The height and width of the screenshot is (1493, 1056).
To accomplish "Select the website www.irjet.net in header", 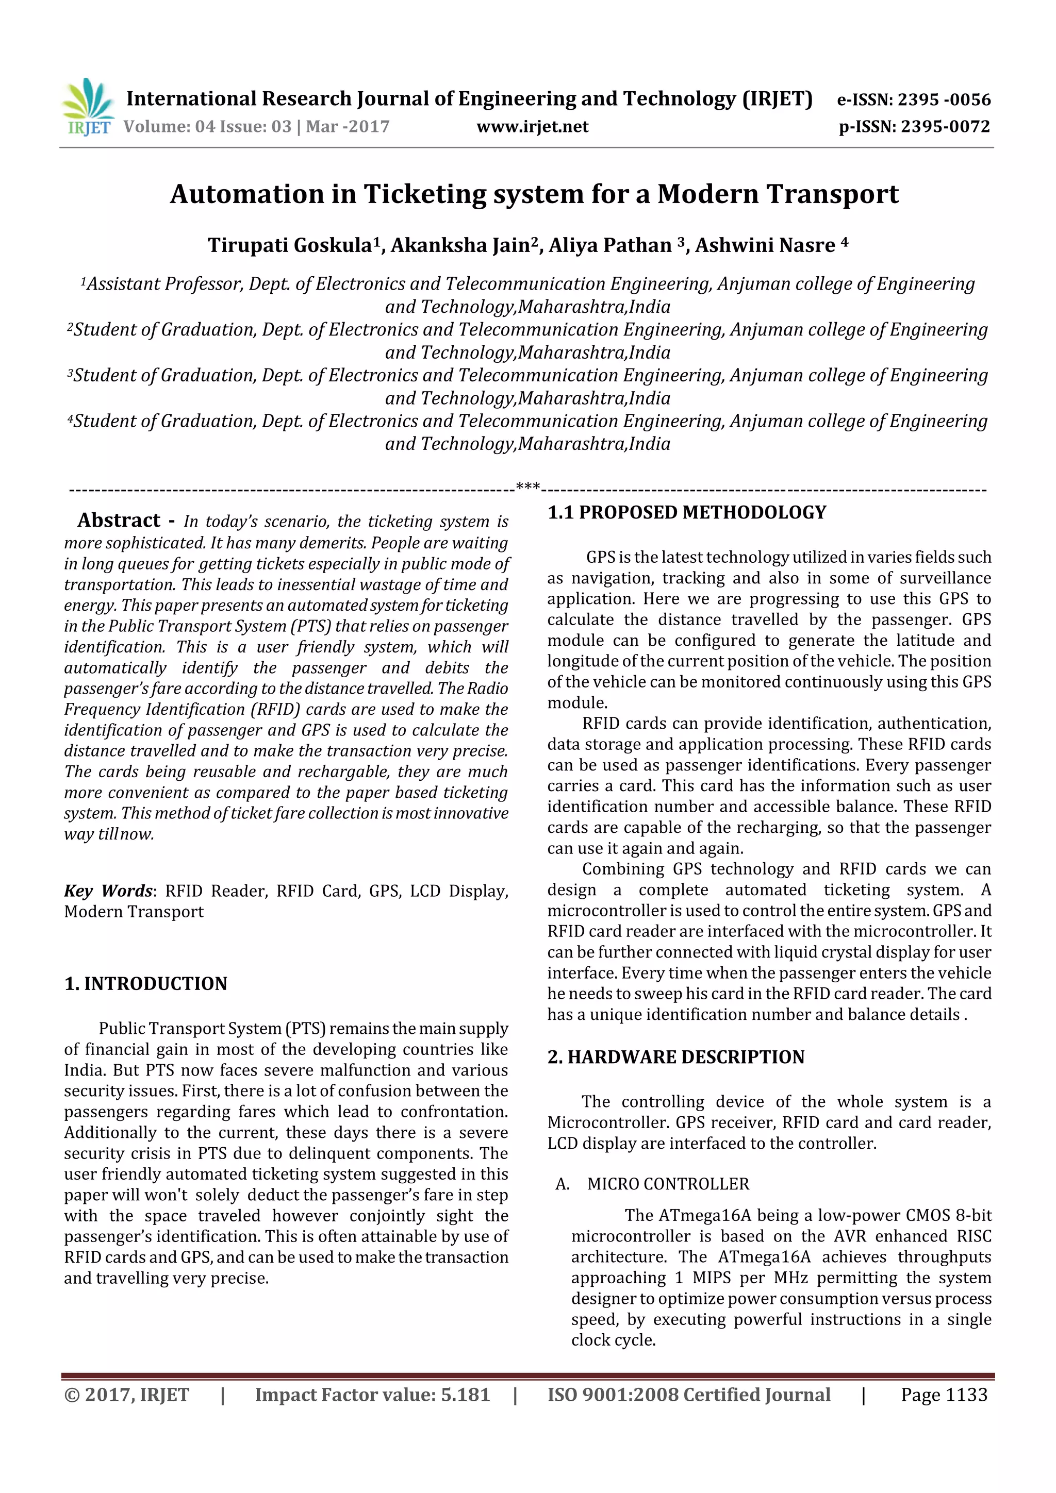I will coord(532,126).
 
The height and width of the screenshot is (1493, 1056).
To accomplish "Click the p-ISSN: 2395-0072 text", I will coord(914,126).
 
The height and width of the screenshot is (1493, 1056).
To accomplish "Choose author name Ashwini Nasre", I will coord(765,245).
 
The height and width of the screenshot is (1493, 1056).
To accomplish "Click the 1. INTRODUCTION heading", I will coord(146,983).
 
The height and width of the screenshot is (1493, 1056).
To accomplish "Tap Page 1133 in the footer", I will coord(944,1394).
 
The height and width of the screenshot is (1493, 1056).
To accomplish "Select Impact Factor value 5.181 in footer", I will coord(372,1394).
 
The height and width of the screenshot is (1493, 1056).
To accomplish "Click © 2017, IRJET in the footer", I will coord(127,1394).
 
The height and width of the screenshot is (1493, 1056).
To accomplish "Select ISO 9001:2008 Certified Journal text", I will coord(689,1394).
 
